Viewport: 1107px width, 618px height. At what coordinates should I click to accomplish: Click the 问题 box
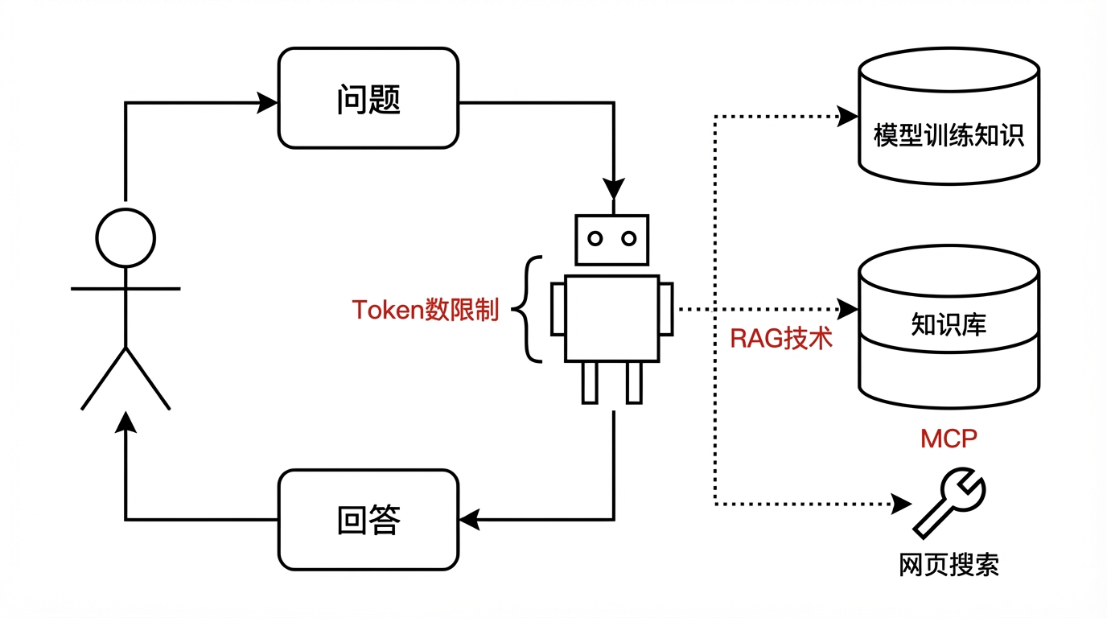tap(368, 98)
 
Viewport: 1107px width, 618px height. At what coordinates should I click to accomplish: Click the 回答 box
tap(368, 520)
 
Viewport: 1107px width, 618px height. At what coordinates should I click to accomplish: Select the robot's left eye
tap(595, 238)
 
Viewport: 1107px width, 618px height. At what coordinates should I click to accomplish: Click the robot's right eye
tap(629, 238)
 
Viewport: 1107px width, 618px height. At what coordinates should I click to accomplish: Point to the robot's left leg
tap(591, 381)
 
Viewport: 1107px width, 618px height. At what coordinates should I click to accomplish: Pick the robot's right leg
tap(635, 381)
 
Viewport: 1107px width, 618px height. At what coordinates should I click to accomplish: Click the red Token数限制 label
tap(426, 311)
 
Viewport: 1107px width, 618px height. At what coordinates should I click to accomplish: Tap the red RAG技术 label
tap(780, 338)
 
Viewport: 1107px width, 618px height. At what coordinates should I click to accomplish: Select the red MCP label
tap(949, 439)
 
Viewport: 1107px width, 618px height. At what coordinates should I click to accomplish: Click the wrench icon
tap(949, 503)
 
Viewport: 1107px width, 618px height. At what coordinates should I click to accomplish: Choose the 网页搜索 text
tap(949, 565)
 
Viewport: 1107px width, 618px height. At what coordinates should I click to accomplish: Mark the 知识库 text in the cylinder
tap(949, 324)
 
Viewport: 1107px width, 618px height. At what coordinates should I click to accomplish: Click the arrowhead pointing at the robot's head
tap(613, 189)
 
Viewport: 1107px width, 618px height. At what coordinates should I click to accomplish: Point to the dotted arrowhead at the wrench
tap(901, 505)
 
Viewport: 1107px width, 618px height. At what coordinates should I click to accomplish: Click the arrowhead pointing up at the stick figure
tap(126, 423)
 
